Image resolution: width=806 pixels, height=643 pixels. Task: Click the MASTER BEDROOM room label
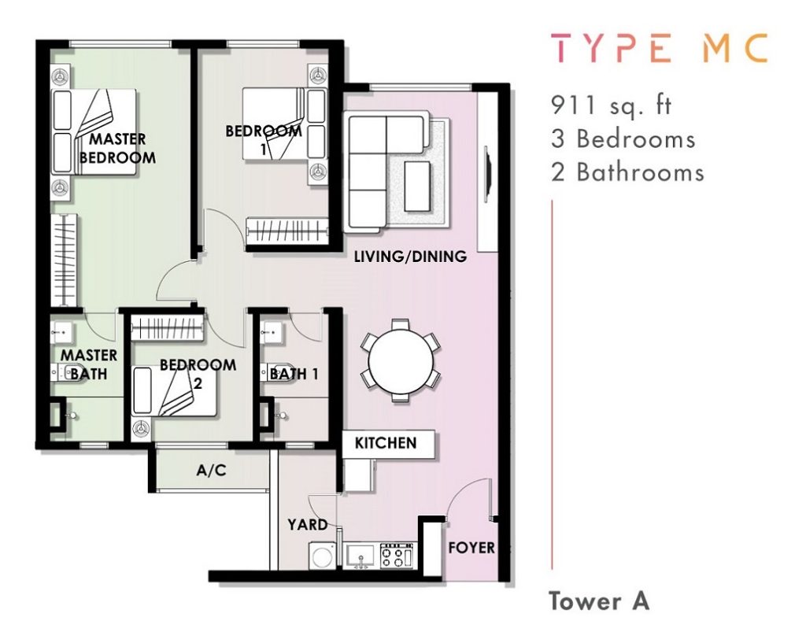(x=117, y=148)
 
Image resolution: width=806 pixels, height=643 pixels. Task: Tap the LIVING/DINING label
(x=410, y=256)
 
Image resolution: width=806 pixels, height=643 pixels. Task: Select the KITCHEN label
(x=386, y=443)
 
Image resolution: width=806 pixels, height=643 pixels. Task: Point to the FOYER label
(x=471, y=548)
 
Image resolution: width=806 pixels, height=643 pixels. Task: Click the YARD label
(x=308, y=525)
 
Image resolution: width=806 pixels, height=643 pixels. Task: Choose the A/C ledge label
(x=211, y=471)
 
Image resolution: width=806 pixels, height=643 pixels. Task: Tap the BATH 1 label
(x=294, y=374)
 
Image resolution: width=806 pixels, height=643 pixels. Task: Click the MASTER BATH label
(x=88, y=364)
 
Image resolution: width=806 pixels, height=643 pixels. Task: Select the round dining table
(x=401, y=360)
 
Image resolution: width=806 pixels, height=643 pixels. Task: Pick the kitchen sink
(x=360, y=556)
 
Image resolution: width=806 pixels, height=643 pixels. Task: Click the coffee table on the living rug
(x=419, y=186)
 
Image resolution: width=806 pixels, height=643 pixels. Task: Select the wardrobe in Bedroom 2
(x=167, y=327)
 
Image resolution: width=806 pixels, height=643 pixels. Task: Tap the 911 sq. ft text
(x=611, y=105)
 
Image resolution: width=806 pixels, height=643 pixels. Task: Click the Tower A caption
(x=599, y=601)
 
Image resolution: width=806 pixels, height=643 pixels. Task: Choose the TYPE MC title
(x=660, y=48)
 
